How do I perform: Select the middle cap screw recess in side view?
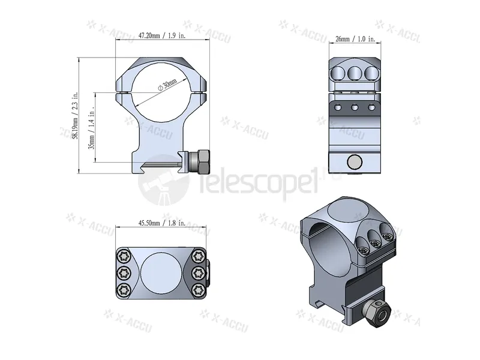pos(354,73)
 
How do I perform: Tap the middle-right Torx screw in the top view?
pos(197,273)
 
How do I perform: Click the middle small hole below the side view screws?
pos(355,109)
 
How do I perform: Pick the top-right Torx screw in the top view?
pos(197,256)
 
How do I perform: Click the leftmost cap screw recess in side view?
pos(338,73)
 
